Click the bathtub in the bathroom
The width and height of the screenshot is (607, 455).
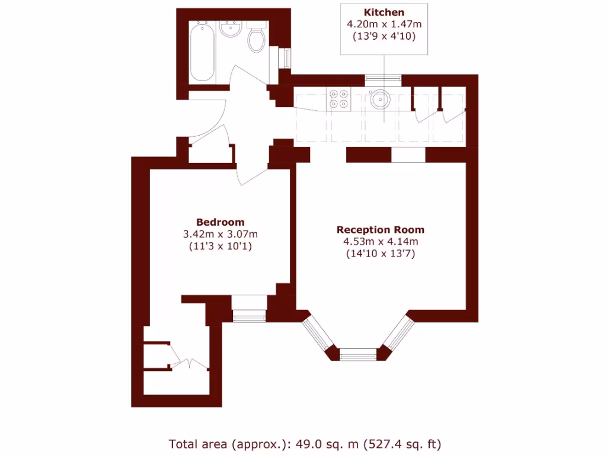coord(203,52)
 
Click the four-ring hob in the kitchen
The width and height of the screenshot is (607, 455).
coord(338,98)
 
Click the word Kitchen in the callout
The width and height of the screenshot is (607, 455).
coord(384,12)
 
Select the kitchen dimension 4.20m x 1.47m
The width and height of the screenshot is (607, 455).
coord(384,24)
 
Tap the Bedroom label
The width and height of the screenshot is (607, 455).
coord(221,222)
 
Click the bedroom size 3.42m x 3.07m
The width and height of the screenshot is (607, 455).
coord(221,234)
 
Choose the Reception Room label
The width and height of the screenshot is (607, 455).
coord(381,230)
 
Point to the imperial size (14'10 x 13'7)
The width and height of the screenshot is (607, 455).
coord(381,254)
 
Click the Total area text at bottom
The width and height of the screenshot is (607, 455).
coord(305,443)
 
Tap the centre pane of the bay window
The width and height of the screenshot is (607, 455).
coord(358,354)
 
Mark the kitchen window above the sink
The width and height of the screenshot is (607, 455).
coord(383,78)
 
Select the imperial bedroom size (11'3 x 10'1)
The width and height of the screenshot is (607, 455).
coord(221,246)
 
